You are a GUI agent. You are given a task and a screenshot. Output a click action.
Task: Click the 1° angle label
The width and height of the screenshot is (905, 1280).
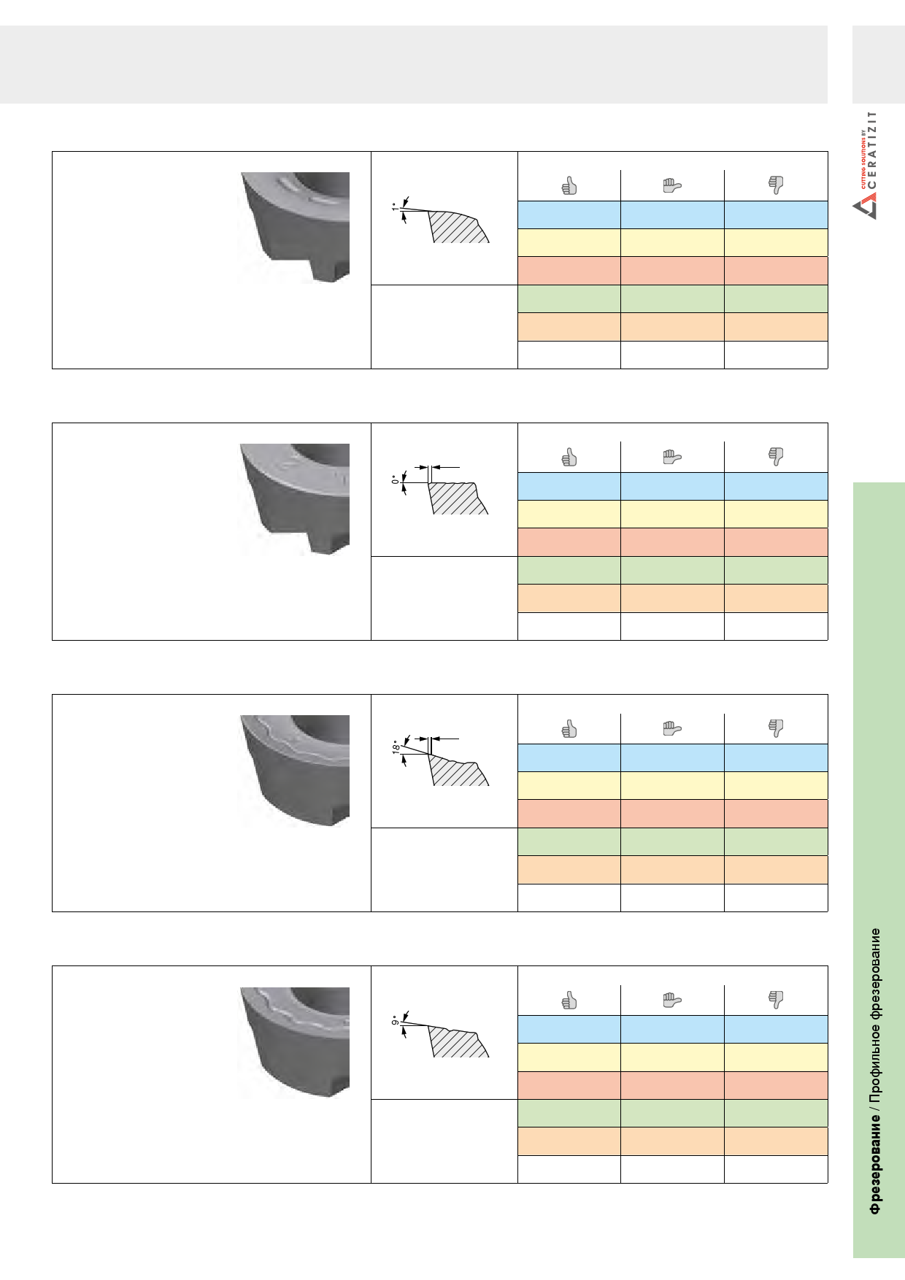point(395,208)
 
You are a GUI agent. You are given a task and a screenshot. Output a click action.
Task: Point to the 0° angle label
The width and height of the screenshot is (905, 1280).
point(395,479)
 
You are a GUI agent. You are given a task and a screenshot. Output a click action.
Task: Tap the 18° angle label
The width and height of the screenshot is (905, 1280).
point(395,747)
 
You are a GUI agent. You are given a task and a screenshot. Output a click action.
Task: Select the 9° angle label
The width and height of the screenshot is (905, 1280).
point(395,1019)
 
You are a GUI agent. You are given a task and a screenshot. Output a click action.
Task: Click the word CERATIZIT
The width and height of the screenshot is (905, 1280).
point(872,154)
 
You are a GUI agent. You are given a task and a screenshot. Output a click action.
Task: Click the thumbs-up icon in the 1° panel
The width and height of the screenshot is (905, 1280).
point(569,186)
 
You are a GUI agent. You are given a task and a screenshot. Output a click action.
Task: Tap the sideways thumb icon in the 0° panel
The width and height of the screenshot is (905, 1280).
point(671,458)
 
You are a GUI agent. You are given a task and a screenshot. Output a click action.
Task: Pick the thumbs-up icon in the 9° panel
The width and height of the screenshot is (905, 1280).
point(569,1001)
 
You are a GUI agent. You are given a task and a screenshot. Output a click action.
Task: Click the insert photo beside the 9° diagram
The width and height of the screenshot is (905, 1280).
point(295,1042)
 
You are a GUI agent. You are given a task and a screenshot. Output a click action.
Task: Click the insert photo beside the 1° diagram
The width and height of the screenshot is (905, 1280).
point(295,228)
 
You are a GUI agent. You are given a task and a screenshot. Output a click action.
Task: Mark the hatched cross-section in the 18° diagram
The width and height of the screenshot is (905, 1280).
point(458,771)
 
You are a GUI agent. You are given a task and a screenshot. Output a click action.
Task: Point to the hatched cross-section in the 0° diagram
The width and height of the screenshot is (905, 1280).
point(457,498)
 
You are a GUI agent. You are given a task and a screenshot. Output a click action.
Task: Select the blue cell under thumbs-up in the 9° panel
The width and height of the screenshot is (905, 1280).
point(569,1029)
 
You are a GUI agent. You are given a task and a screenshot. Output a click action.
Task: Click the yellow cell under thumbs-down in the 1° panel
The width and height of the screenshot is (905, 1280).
point(776,243)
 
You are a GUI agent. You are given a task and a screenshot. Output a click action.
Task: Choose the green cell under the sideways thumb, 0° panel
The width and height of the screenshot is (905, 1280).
point(672,571)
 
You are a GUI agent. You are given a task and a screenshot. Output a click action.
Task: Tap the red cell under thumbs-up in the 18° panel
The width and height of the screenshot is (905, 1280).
point(569,814)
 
